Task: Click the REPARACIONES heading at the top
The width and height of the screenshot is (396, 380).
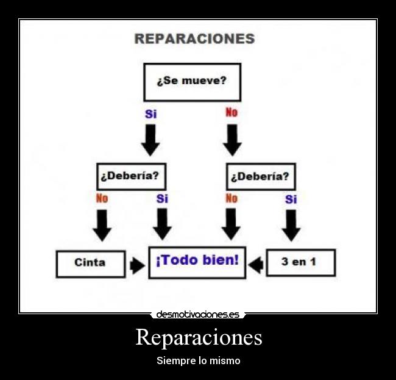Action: point(194,38)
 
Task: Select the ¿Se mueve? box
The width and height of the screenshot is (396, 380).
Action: point(192,82)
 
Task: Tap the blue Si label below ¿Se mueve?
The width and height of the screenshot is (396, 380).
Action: point(150,114)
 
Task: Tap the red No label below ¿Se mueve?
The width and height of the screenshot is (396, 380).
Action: point(232,113)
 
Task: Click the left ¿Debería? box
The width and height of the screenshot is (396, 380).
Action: point(130,176)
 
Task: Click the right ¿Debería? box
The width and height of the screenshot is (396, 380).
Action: point(260,176)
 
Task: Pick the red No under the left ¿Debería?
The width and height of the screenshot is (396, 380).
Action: point(102,199)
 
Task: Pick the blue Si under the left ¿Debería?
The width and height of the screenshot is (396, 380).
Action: point(162,199)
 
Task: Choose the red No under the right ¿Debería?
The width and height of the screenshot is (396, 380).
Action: point(232,199)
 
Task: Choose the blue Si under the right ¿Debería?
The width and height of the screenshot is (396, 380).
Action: point(291,199)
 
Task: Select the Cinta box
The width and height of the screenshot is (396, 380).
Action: point(90,263)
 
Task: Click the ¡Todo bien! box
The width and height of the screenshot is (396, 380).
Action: point(197,262)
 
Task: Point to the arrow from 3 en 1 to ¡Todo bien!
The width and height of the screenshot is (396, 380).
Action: point(256,264)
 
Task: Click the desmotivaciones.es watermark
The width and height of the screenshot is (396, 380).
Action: point(197,315)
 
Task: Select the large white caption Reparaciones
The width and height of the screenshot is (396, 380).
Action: point(199,337)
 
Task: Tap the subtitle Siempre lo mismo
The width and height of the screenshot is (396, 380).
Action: point(199,360)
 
